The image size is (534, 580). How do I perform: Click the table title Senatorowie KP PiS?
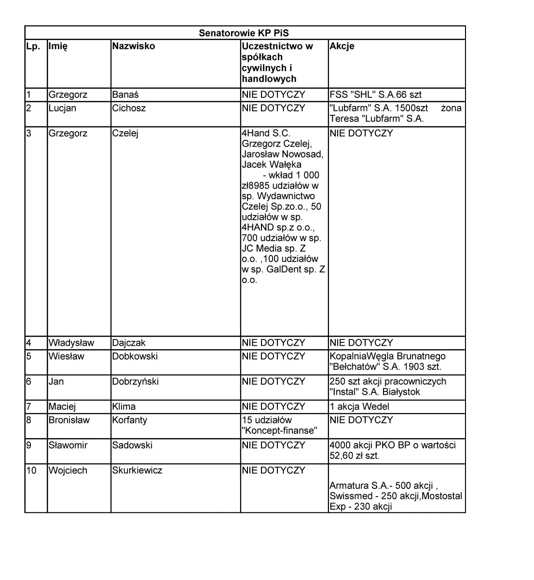(x=244, y=33)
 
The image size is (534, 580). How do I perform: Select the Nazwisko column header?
(x=134, y=46)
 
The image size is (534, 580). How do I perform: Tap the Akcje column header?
(x=342, y=46)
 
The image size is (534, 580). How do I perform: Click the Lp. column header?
(x=33, y=46)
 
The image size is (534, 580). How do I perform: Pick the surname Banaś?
(x=125, y=95)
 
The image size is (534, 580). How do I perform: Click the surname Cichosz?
(x=129, y=108)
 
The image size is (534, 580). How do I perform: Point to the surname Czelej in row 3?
(x=125, y=134)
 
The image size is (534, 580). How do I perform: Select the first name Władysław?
(x=71, y=343)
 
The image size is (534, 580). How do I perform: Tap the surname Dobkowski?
(x=135, y=356)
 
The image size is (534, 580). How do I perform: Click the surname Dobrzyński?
(x=135, y=381)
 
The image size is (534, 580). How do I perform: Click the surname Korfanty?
(x=129, y=420)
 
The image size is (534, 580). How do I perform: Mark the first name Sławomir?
(x=68, y=445)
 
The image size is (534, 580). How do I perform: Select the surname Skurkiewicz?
(x=137, y=470)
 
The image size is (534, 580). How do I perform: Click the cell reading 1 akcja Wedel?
(x=359, y=406)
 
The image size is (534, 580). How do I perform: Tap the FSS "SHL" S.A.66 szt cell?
(x=376, y=95)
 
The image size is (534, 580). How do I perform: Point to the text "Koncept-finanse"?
(x=280, y=431)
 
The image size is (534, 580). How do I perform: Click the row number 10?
(x=31, y=470)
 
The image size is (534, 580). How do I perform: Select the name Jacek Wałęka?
(x=272, y=164)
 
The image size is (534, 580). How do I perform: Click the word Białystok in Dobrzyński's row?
(x=397, y=392)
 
